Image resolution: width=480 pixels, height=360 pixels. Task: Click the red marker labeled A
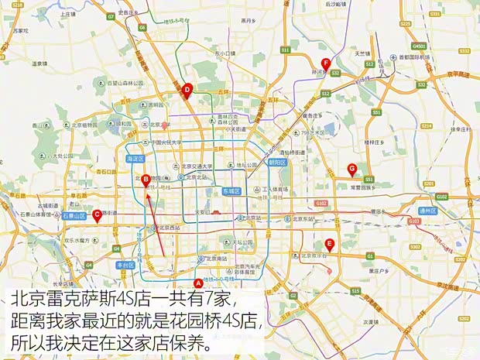click(x=199, y=283)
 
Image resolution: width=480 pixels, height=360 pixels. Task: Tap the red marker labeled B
click(x=146, y=180)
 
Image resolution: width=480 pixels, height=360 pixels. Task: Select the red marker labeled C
click(x=97, y=215)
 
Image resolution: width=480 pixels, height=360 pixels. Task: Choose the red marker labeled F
click(x=326, y=63)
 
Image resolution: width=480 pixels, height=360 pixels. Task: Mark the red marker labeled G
click(x=352, y=168)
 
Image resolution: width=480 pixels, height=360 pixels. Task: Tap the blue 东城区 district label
click(x=231, y=190)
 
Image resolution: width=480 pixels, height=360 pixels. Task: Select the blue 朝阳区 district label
click(x=276, y=163)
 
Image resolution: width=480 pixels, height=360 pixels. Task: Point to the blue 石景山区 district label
click(x=74, y=218)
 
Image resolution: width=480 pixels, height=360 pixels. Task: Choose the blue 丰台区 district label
click(x=125, y=265)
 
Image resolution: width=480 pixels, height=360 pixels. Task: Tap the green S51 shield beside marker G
click(x=369, y=179)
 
